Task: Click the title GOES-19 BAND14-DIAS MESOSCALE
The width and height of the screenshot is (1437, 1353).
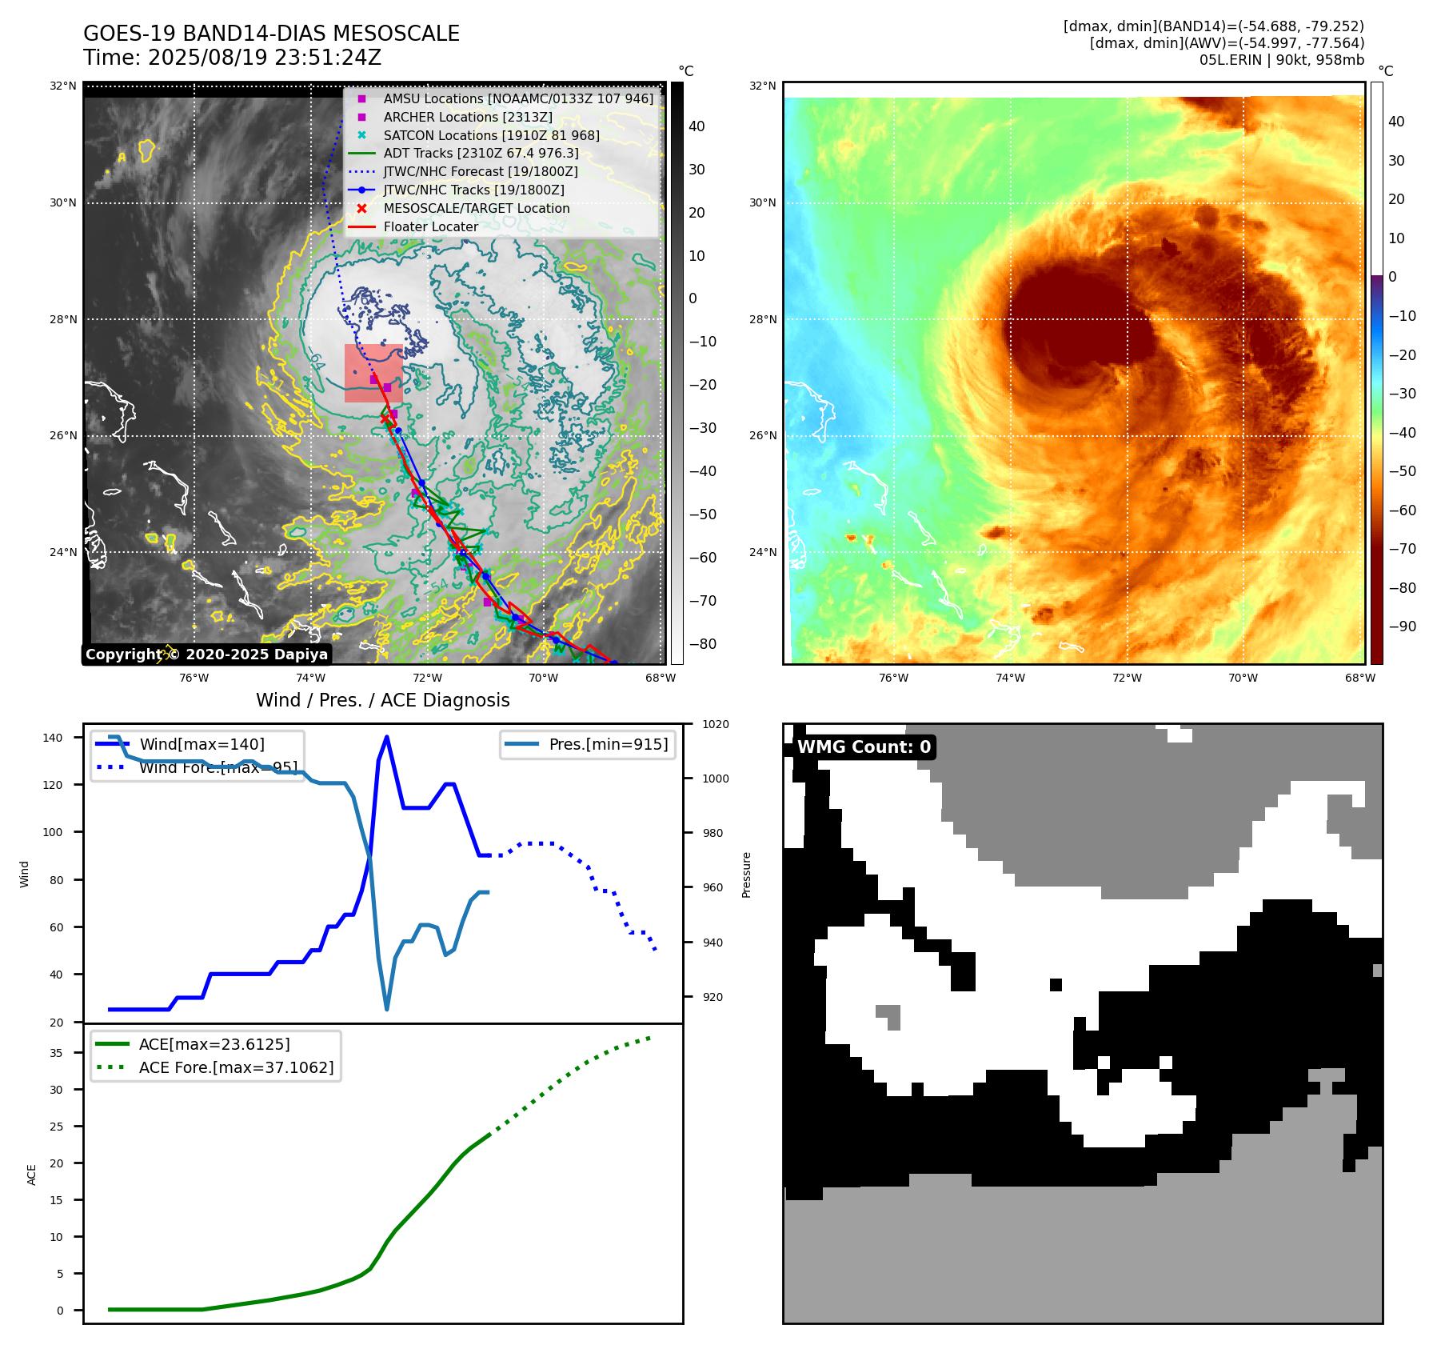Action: click(271, 34)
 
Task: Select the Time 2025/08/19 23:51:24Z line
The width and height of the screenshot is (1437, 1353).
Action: click(232, 58)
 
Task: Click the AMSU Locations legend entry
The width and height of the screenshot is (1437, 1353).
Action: click(517, 98)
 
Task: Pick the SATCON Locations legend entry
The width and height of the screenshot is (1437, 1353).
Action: click(491, 135)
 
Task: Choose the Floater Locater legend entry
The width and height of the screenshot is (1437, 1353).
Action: click(430, 226)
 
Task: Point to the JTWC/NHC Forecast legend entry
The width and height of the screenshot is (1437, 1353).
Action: click(480, 171)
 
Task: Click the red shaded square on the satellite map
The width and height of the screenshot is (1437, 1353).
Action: click(373, 373)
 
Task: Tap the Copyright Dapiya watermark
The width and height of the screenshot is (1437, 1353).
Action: click(206, 654)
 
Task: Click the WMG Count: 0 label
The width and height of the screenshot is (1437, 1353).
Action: click(864, 747)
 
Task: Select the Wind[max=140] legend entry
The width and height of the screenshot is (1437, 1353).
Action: click(202, 744)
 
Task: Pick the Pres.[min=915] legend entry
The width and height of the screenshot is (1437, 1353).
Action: click(608, 744)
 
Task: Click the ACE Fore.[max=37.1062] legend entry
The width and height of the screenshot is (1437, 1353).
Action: click(236, 1067)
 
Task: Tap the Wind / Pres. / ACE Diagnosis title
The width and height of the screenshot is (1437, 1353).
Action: click(382, 700)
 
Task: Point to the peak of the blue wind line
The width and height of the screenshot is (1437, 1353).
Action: click(387, 737)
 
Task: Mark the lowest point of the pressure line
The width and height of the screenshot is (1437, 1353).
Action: click(387, 1009)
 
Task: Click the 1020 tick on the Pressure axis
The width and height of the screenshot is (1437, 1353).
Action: click(716, 724)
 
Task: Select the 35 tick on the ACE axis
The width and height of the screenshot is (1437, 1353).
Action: click(56, 1053)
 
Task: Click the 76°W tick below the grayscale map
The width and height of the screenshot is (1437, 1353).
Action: click(194, 678)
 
